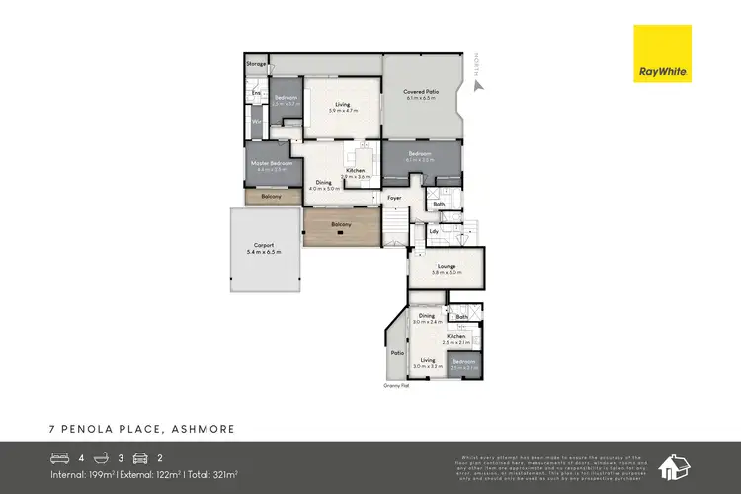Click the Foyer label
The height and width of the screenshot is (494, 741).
click(x=394, y=198)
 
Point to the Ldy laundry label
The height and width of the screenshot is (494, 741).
click(x=434, y=230)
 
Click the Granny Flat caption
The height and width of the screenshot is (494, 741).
click(x=397, y=385)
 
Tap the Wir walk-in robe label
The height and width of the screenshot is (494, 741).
click(x=256, y=121)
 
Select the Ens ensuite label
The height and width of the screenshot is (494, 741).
click(x=255, y=93)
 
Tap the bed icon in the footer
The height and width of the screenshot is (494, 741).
click(x=60, y=458)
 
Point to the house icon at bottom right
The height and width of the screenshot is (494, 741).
click(x=676, y=466)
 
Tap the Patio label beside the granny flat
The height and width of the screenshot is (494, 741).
click(x=398, y=351)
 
